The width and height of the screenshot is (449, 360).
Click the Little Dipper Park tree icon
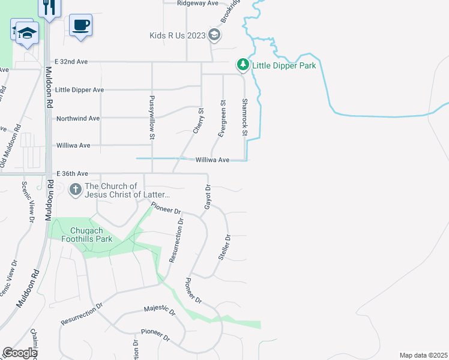click(x=243, y=64)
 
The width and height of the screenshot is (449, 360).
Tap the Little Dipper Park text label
click(x=284, y=65)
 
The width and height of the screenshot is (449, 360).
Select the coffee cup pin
click(x=80, y=25)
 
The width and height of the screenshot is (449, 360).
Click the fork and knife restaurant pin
click(x=49, y=7)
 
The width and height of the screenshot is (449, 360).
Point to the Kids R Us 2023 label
click(x=178, y=35)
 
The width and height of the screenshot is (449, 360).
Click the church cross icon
click(x=76, y=190)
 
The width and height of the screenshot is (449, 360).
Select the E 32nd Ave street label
click(x=71, y=61)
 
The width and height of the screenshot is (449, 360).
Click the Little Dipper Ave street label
click(x=79, y=89)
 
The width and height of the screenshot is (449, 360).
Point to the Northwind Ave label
click(x=77, y=118)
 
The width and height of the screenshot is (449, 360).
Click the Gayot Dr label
click(x=208, y=196)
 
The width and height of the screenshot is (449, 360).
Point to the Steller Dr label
click(x=225, y=247)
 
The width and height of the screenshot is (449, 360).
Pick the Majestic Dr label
click(x=159, y=310)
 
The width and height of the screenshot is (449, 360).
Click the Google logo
click(x=19, y=353)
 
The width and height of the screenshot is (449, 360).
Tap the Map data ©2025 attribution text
click(x=423, y=355)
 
